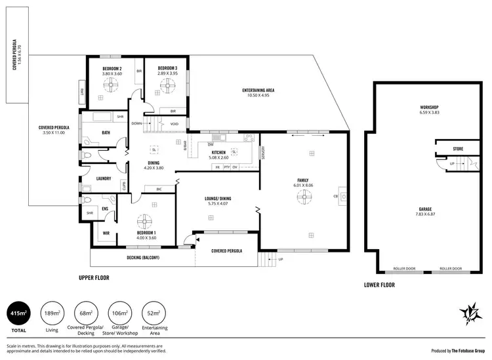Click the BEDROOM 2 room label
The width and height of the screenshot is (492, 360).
112,68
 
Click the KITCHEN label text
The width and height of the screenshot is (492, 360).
218,152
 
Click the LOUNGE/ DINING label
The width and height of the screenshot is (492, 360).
218,198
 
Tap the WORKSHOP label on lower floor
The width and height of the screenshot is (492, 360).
429,107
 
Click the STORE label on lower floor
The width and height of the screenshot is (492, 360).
458,149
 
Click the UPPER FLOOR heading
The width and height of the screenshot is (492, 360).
94,277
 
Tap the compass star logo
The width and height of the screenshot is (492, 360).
468,314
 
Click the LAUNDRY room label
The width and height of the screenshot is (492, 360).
103,178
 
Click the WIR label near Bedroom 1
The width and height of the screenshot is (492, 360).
106,233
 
